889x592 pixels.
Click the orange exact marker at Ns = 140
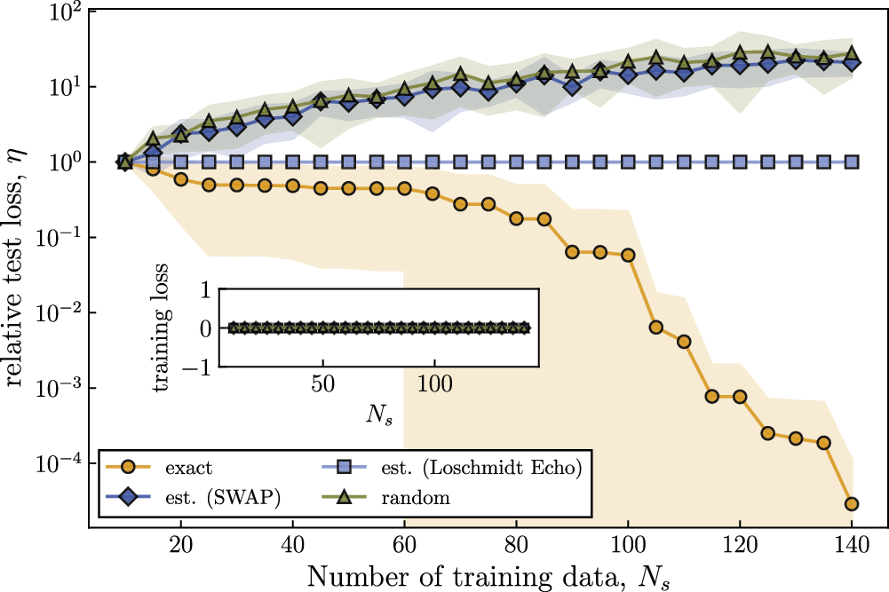pos(852,504)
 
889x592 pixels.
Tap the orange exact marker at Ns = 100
pos(628,255)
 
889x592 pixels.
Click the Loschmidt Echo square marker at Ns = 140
pos(852,162)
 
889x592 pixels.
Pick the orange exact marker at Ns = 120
pos(740,396)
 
